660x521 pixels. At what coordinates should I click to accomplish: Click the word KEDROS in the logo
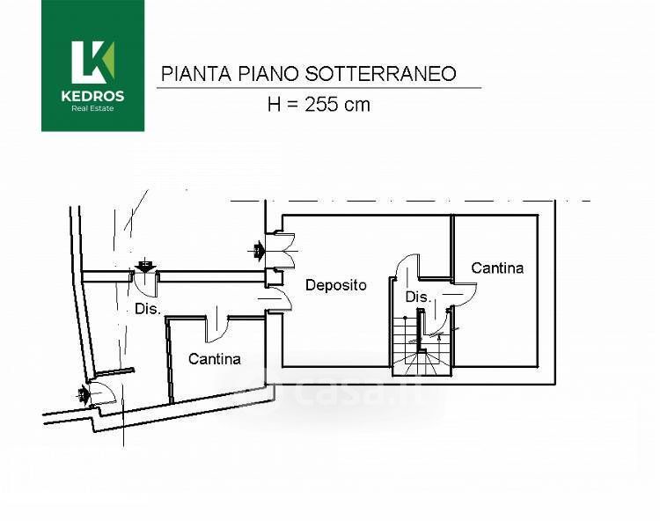[x=92, y=96]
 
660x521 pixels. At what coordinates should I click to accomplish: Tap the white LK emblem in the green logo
[x=92, y=62]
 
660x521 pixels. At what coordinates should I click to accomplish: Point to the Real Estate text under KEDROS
[x=92, y=108]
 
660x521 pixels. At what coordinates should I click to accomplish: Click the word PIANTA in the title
[x=196, y=74]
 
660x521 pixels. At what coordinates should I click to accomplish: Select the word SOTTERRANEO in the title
[x=380, y=74]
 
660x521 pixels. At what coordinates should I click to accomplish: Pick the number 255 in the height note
[x=322, y=104]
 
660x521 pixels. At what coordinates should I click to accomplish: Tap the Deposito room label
[x=336, y=285]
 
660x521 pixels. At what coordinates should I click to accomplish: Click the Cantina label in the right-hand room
[x=497, y=268]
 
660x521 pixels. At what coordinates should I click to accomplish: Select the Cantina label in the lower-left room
[x=214, y=359]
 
